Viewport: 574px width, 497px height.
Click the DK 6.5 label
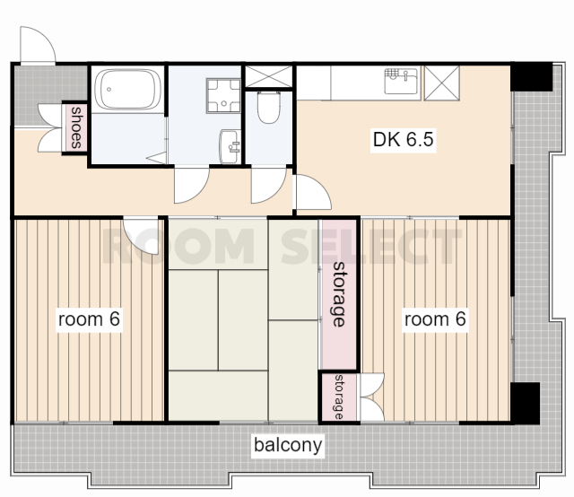(x=403, y=140)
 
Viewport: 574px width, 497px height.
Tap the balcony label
(x=288, y=445)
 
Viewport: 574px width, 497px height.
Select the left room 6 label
(x=89, y=319)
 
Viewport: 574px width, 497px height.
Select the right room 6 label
(x=435, y=319)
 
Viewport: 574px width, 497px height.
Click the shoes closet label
(x=76, y=127)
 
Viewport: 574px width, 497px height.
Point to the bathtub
(x=127, y=89)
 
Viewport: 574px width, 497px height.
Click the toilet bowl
(x=269, y=108)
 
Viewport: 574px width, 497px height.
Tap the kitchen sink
(x=401, y=81)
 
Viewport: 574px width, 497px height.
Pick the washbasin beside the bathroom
(x=230, y=146)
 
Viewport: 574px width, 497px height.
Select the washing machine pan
(x=223, y=96)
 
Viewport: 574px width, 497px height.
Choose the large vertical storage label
(x=339, y=294)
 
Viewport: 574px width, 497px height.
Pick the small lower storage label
(x=339, y=397)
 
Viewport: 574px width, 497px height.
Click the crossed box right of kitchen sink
(x=442, y=83)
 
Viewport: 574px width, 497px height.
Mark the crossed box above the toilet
(x=269, y=76)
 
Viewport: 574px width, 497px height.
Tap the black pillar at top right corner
(x=531, y=76)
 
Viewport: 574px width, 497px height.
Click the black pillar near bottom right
(x=525, y=403)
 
